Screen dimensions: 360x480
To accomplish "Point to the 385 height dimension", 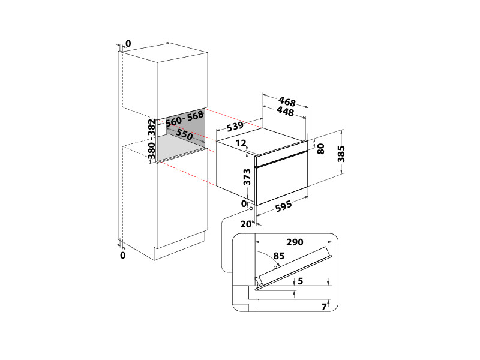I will [x=341, y=154].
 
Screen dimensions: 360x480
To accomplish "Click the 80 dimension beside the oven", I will [x=321, y=148].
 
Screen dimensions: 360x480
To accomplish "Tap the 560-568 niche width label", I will [x=185, y=118].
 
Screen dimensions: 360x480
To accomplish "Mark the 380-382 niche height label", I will [x=152, y=141].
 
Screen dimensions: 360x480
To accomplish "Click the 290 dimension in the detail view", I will [x=294, y=242].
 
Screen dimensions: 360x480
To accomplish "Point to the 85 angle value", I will [x=278, y=256].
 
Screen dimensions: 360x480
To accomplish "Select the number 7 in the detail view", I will [x=323, y=307].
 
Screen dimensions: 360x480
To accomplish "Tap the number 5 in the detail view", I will [x=301, y=280].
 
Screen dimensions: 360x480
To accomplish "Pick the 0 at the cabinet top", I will [x=128, y=43].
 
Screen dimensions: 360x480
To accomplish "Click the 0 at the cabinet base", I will [x=123, y=255].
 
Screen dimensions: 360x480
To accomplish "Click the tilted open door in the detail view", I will [x=294, y=268].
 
